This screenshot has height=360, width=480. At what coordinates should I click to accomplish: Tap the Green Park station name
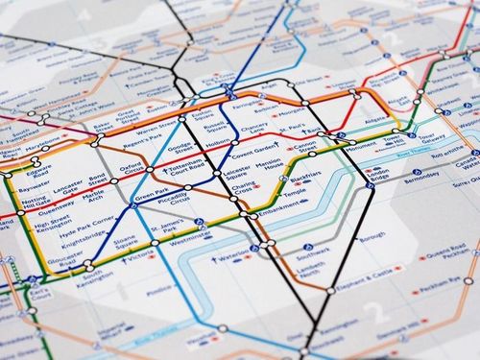click(152, 197)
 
